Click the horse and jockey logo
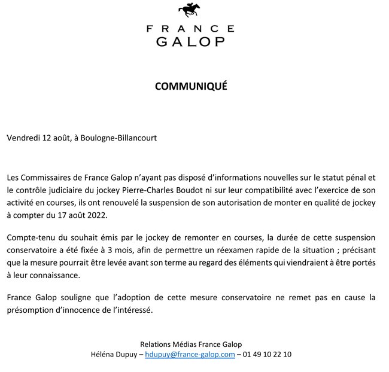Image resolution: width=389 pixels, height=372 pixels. (190, 10)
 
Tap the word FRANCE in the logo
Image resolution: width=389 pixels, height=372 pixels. (190, 29)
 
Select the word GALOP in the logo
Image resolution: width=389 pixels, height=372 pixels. (190, 41)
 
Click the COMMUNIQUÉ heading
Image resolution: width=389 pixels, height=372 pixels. (191, 86)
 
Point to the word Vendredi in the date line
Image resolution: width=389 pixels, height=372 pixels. (23, 138)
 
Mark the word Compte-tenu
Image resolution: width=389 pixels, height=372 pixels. (29, 239)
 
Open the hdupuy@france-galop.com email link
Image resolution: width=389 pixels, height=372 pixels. (190, 354)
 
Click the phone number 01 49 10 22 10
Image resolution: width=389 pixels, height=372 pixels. (267, 354)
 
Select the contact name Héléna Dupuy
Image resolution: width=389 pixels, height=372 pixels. (113, 354)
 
